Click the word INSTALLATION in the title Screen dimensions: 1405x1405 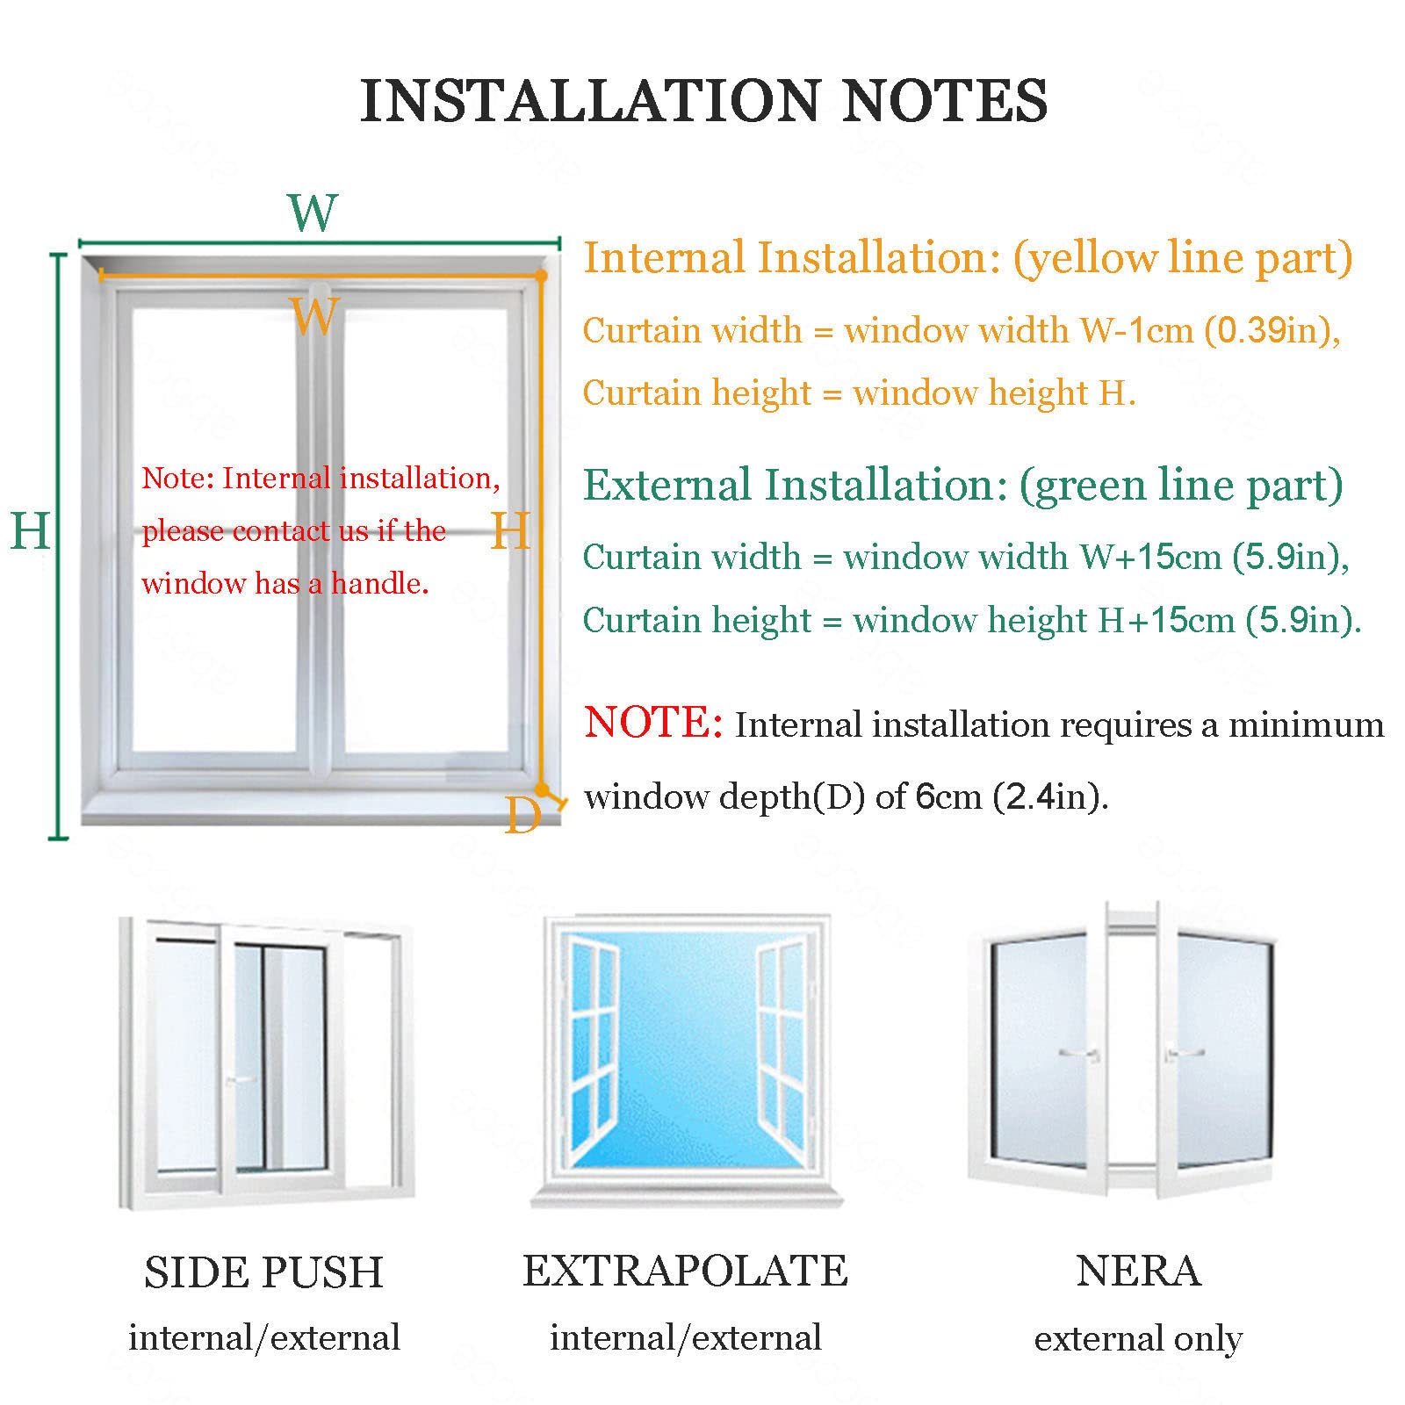click(590, 100)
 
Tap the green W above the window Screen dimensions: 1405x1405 click(313, 213)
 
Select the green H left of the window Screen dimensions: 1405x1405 click(30, 531)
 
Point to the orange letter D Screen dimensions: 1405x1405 click(522, 817)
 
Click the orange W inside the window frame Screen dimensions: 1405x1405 click(314, 315)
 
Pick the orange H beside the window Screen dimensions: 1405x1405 click(510, 531)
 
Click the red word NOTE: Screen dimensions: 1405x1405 click(653, 722)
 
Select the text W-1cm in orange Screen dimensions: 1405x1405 click(1136, 331)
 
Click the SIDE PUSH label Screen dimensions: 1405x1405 click(264, 1272)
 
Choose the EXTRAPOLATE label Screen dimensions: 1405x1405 click(686, 1271)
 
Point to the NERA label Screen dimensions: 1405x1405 click(1139, 1271)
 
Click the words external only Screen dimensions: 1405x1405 click(1138, 1338)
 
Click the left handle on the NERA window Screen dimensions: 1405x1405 click(1080, 1053)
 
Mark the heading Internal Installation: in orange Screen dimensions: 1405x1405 click(792, 258)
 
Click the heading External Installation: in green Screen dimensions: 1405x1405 click(796, 485)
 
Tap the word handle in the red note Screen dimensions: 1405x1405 click(379, 583)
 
